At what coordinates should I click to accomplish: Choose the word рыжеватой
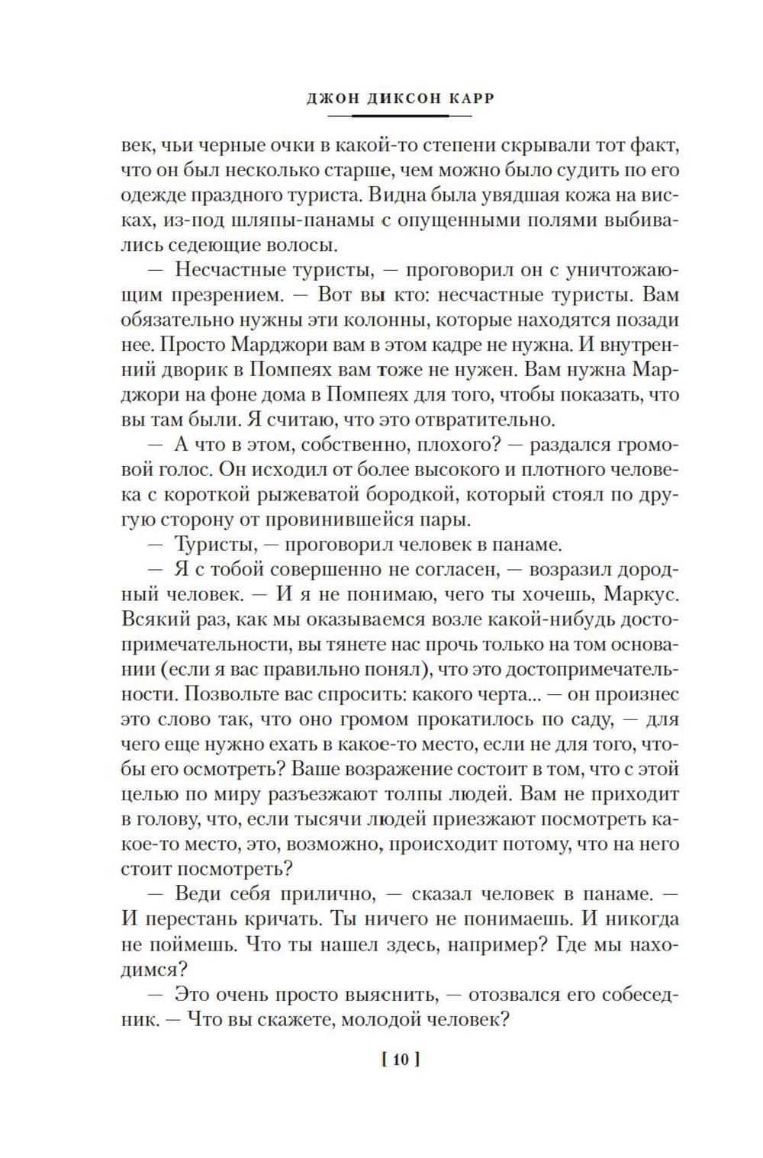tap(291, 494)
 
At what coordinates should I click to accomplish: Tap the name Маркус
tap(639, 593)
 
